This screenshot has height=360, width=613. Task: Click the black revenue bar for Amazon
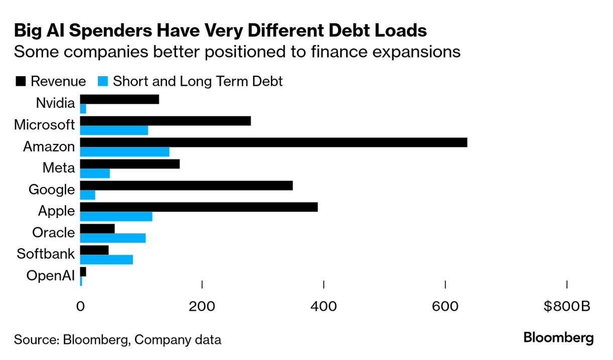pos(273,142)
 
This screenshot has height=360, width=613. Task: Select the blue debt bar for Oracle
pos(113,238)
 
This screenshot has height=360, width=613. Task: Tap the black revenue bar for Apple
pos(199,207)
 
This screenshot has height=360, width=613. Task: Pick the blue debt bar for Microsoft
pos(114,130)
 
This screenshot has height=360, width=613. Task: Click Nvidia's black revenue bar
pos(119,99)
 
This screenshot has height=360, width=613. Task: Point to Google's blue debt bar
pos(88,195)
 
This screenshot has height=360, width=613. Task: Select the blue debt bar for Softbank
pos(106,260)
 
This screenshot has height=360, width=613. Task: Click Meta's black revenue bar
pos(130,164)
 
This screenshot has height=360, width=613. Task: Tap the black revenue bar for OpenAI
pos(83,272)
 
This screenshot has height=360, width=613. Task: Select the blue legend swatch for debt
pos(103,81)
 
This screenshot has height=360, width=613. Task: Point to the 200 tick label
pos(202,306)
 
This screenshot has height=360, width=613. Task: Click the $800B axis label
pos(566,306)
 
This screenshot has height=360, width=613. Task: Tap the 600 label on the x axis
pos(445,306)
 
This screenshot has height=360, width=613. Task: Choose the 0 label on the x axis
pos(80,306)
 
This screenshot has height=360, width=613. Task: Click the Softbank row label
pos(46,254)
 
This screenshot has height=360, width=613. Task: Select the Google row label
pos(52,190)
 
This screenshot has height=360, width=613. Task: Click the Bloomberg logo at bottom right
pos(558,338)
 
